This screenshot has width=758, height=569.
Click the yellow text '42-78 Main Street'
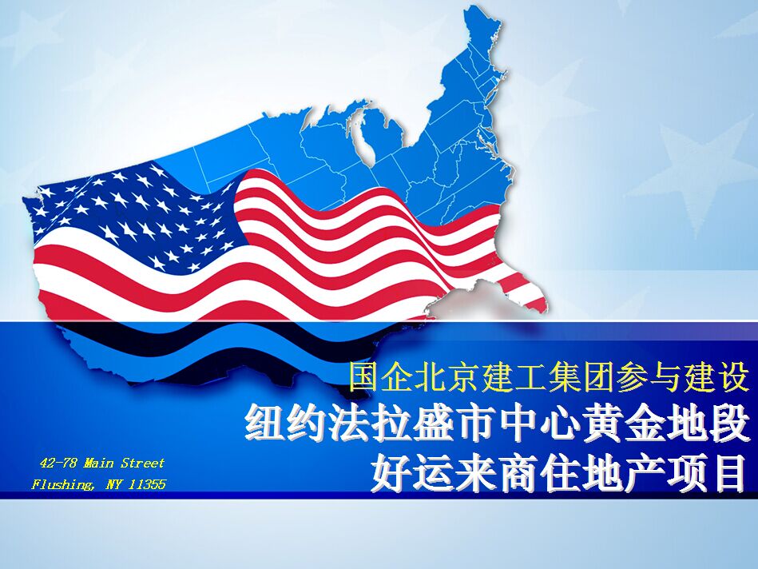click(x=102, y=463)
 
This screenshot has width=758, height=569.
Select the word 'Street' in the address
click(x=143, y=463)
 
